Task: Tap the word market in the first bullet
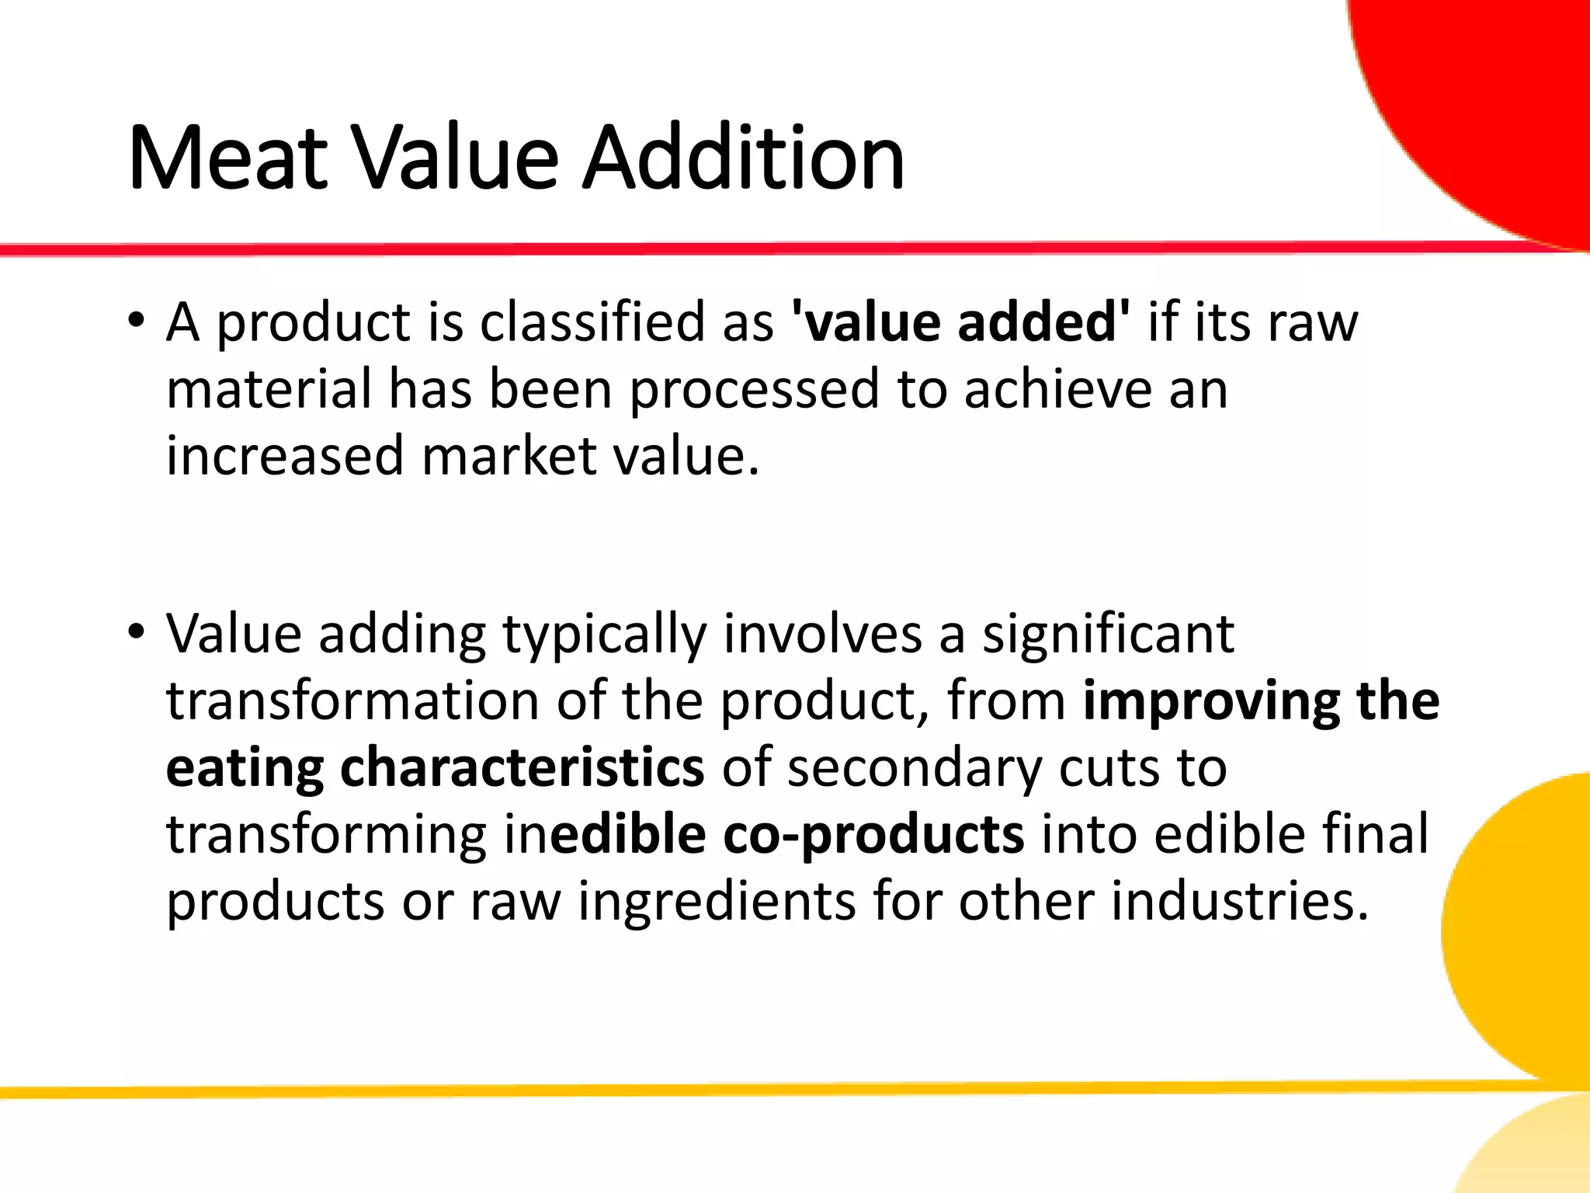(509, 456)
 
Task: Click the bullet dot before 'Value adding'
(137, 632)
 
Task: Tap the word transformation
(352, 701)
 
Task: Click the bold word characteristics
(522, 768)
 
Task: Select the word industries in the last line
(1240, 901)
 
